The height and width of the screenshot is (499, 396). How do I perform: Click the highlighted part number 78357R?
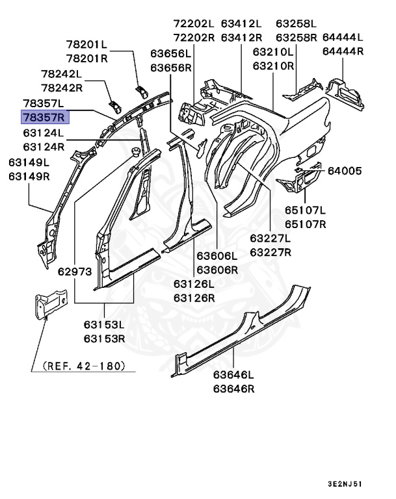pyautogui.click(x=43, y=118)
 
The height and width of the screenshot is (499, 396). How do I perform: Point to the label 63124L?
pyautogui.click(x=43, y=133)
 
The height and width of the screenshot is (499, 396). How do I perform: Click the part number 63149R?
pyautogui.click(x=29, y=176)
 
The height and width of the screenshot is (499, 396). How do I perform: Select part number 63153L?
pyautogui.click(x=104, y=324)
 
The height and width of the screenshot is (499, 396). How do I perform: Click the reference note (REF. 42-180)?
pyautogui.click(x=83, y=366)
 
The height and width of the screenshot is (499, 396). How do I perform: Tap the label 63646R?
pyautogui.click(x=233, y=389)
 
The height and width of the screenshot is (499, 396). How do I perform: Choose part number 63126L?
pyautogui.click(x=194, y=283)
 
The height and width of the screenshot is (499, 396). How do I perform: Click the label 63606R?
pyautogui.click(x=217, y=269)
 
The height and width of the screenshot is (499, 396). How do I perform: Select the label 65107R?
pyautogui.click(x=305, y=224)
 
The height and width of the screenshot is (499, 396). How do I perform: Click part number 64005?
pyautogui.click(x=344, y=171)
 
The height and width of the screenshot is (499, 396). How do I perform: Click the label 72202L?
pyautogui.click(x=194, y=23)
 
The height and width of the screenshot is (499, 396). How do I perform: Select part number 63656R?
pyautogui.click(x=171, y=67)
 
